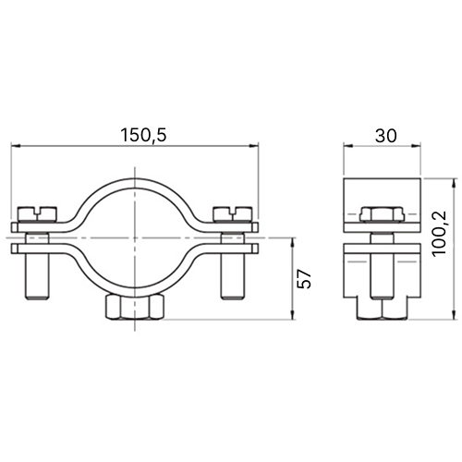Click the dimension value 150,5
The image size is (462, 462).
tap(143, 136)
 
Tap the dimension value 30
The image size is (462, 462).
tap(386, 136)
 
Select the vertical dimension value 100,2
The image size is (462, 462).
tap(440, 233)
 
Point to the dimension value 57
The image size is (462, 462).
tap(305, 278)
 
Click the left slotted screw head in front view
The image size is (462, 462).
tap(38, 214)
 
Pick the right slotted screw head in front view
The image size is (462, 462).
tap(233, 214)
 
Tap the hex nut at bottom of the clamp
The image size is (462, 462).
tap(135, 308)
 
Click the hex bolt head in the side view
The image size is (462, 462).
tap(382, 214)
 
